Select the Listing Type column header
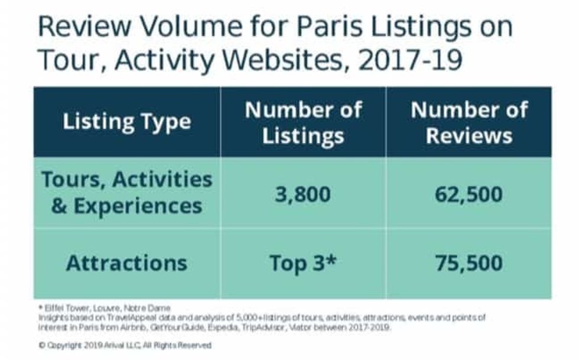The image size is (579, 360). coord(127,122)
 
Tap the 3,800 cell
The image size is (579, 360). coord(303,193)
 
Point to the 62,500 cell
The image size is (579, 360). coord(469,193)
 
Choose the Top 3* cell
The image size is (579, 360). coord(303,263)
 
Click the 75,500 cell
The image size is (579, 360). coord(469,263)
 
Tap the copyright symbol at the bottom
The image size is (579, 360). coord(41,345)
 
